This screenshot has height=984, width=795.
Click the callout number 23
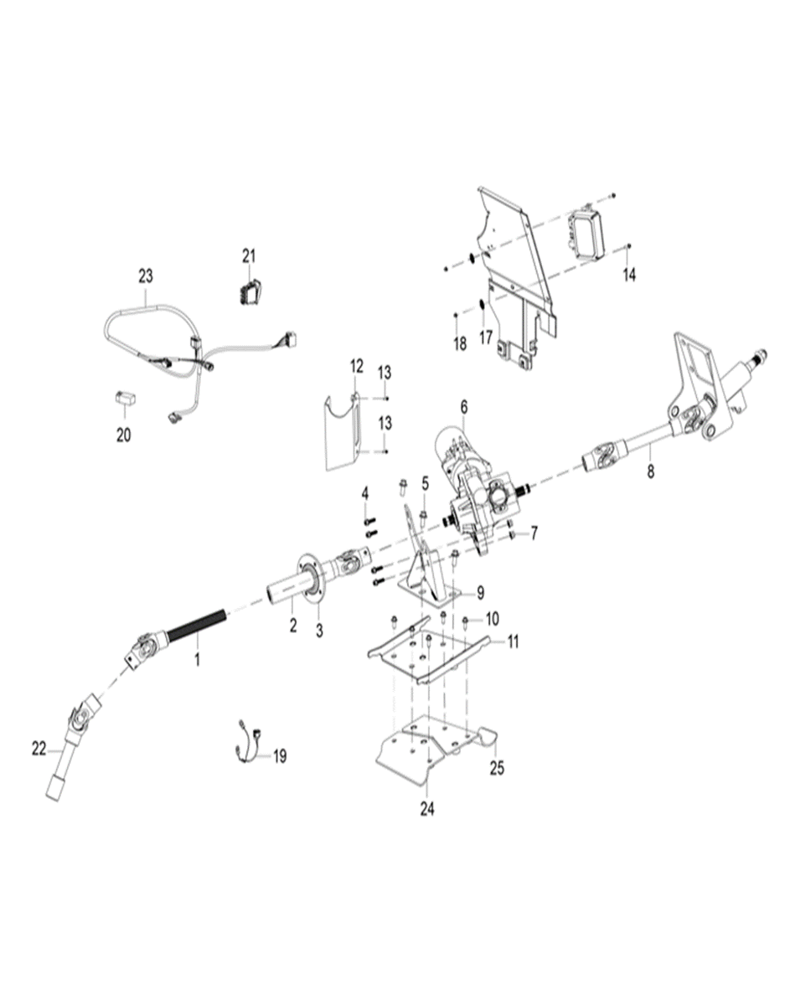146,276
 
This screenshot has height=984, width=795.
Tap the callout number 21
249,255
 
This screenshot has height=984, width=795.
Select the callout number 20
124,435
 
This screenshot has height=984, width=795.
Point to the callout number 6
463,406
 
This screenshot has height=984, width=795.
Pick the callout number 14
629,275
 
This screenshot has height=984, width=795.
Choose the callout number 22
39,749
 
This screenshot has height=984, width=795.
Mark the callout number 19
279,756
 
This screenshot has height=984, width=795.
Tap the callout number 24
427,810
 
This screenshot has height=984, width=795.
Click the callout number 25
497,768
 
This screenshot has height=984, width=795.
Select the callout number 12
357,366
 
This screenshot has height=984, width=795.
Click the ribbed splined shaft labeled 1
197,629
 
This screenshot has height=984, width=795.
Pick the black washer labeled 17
483,305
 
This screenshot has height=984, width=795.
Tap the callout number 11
514,643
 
